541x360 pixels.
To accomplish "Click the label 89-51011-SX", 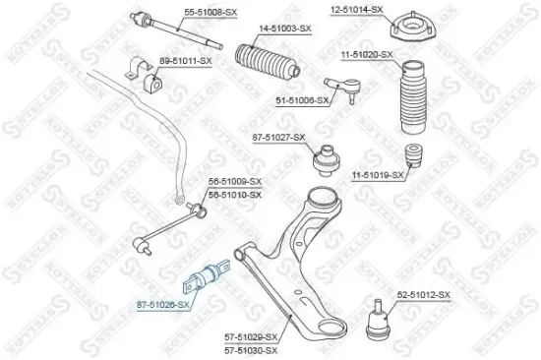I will pos(186,61).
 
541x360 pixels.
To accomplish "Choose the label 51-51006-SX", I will pos(301,100).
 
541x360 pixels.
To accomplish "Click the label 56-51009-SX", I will pos(235,182).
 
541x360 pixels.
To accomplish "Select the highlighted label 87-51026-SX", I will pos(163,306).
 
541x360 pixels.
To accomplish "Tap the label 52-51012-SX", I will pos(423,295).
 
